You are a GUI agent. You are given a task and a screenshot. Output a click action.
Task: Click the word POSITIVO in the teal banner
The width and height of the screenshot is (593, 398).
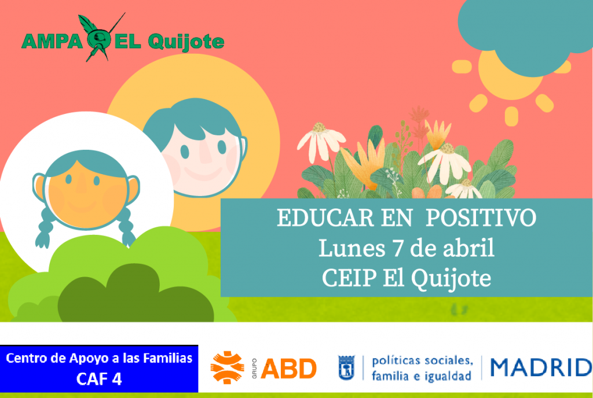click(x=481, y=218)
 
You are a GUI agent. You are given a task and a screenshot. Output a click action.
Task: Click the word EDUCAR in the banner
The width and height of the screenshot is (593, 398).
click(x=325, y=218)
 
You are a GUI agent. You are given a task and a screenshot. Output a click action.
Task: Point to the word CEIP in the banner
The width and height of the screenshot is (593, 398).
click(x=349, y=278)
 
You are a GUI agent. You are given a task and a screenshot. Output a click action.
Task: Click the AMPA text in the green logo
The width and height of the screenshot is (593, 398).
click(x=52, y=42)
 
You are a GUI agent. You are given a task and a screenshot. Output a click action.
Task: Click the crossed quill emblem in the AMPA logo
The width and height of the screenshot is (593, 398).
click(x=100, y=37)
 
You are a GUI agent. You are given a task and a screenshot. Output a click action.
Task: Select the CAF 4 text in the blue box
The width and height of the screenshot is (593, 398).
click(x=99, y=379)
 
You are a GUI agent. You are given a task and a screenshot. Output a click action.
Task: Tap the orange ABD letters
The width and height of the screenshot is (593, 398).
click(x=288, y=368)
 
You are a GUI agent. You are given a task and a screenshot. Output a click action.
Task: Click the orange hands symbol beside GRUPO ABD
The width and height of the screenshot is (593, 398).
click(x=227, y=367)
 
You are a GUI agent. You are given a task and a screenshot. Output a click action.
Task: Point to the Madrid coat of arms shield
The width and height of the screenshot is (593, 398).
click(x=346, y=367)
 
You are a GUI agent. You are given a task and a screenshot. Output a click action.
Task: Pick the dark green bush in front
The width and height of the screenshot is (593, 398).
click(x=134, y=294)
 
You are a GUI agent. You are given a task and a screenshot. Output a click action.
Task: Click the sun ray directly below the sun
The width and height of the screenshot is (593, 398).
click(x=511, y=116)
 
